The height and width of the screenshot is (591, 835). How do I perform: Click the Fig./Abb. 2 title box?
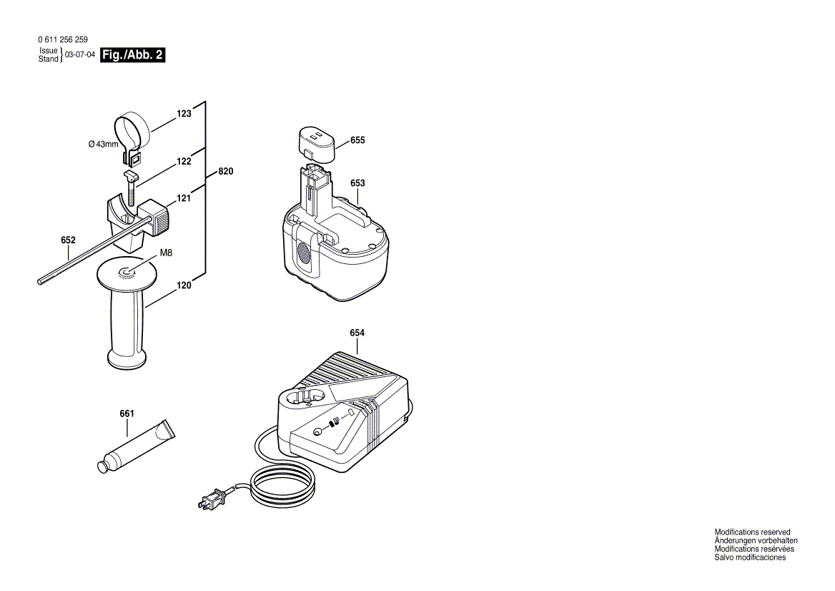[x=132, y=55]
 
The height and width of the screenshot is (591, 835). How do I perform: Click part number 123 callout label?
[x=184, y=114]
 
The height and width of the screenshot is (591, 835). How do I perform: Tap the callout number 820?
[x=226, y=172]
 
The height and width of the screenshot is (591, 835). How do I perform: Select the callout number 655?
[x=358, y=140]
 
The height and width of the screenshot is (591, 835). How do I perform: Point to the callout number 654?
[x=357, y=333]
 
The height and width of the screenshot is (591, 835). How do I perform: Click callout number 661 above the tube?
[x=127, y=414]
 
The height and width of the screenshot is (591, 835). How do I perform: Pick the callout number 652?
[x=68, y=240]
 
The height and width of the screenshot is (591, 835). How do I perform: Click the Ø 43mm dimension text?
[x=104, y=145]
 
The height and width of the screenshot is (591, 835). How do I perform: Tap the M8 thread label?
[x=166, y=253]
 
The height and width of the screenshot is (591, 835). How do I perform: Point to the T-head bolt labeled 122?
[x=131, y=189]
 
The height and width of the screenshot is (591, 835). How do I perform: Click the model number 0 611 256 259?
[x=63, y=39]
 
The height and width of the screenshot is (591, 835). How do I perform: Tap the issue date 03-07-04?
[x=80, y=54]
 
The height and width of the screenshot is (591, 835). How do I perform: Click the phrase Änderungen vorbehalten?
[x=756, y=541]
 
